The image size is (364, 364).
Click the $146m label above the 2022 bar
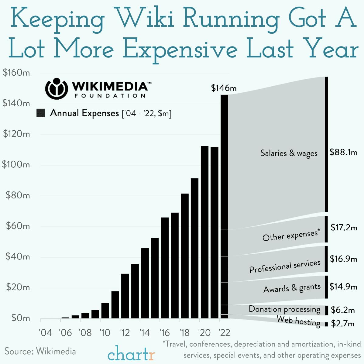click(224, 88)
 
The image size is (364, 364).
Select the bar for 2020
click(204, 232)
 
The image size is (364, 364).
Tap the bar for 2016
click(165, 268)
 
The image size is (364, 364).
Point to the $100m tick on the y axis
click(16, 165)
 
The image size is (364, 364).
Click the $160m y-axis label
click(16, 73)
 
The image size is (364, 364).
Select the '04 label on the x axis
click(46, 333)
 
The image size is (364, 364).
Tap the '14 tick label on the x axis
click(145, 333)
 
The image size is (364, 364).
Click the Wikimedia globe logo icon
click(55, 89)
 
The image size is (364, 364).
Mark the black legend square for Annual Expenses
click(41, 113)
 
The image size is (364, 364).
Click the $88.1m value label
click(343, 152)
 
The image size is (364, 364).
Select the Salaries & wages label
click(289, 153)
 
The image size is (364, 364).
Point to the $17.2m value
click(344, 227)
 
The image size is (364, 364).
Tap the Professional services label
click(285, 266)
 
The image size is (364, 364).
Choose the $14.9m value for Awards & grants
click(343, 287)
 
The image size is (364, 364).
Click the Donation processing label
click(284, 309)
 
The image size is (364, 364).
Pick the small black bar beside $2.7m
click(326, 324)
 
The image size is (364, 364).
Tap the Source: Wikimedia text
click(40, 351)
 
